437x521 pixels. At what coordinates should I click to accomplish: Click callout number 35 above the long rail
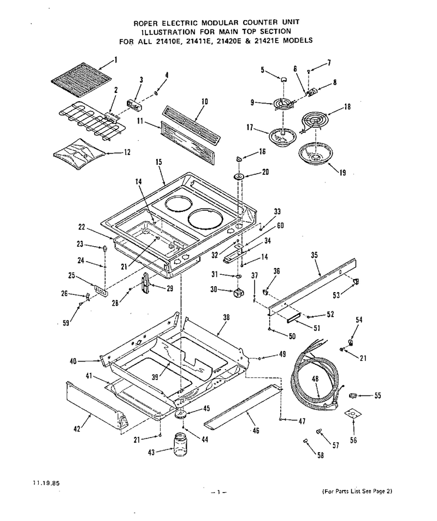[x=314, y=255]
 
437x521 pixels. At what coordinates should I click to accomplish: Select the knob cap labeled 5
[x=283, y=79]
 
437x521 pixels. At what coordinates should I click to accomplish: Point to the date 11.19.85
[x=46, y=483]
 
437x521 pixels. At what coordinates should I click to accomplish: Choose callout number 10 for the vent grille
[x=204, y=102]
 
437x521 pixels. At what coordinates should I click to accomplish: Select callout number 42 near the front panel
[x=77, y=429]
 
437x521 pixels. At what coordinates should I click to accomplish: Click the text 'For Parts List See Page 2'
[x=357, y=491]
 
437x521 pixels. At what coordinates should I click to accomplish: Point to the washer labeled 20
[x=239, y=176]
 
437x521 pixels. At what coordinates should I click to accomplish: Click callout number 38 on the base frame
[x=226, y=317]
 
